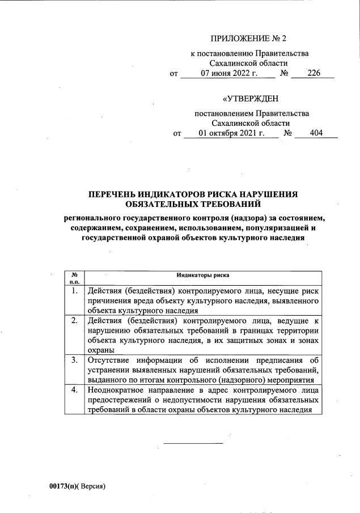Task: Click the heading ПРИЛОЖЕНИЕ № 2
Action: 248,39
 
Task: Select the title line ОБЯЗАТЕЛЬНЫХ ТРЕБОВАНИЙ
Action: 193,203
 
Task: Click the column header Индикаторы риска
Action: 202,274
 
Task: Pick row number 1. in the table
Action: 74,291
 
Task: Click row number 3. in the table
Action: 74,360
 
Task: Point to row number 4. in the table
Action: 74,390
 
